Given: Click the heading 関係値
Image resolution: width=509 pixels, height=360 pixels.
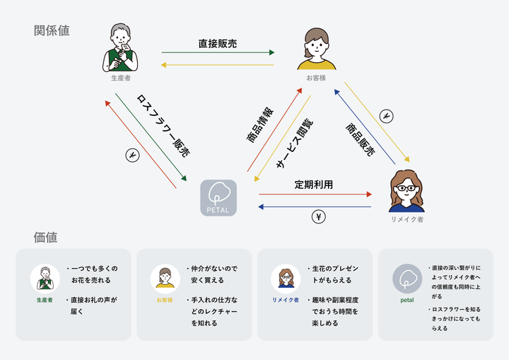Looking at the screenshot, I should click(52, 30).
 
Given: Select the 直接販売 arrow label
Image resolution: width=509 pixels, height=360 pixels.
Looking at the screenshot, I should click(218, 44).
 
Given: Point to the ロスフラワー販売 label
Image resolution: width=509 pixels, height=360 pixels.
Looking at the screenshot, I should click(162, 124).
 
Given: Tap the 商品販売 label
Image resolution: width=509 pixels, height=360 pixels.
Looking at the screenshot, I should click(360, 137).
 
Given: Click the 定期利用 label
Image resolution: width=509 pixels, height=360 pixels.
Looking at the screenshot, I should click(314, 185).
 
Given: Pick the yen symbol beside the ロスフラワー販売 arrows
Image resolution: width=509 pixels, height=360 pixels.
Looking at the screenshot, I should click(131, 154).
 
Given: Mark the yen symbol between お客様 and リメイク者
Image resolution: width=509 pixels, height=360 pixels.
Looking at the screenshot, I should click(386, 116).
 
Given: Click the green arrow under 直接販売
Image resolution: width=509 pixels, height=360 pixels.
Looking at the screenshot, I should click(218, 53).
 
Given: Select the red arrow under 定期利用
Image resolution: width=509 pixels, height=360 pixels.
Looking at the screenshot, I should click(315, 194).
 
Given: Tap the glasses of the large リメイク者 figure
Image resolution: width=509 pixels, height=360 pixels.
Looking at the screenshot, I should click(406, 188).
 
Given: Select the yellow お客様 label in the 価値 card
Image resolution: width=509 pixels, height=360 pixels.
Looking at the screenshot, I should click(165, 300).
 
